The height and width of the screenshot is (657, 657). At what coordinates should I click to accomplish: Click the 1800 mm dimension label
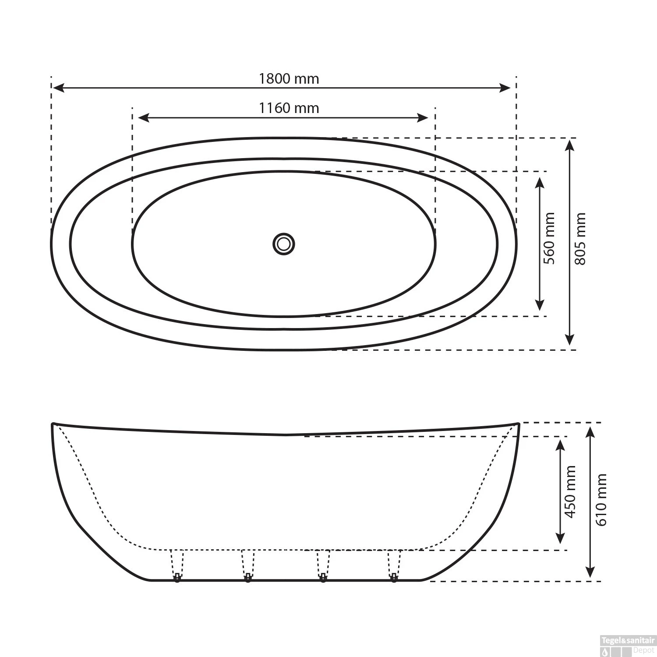(x=289, y=79)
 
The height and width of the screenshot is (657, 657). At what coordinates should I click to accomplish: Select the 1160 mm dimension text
(x=289, y=108)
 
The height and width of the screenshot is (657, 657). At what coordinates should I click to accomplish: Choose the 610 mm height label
(x=601, y=500)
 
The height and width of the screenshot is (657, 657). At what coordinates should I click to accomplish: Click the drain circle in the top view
(x=284, y=244)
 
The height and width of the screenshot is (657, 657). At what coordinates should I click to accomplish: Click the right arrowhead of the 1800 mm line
(x=505, y=88)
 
